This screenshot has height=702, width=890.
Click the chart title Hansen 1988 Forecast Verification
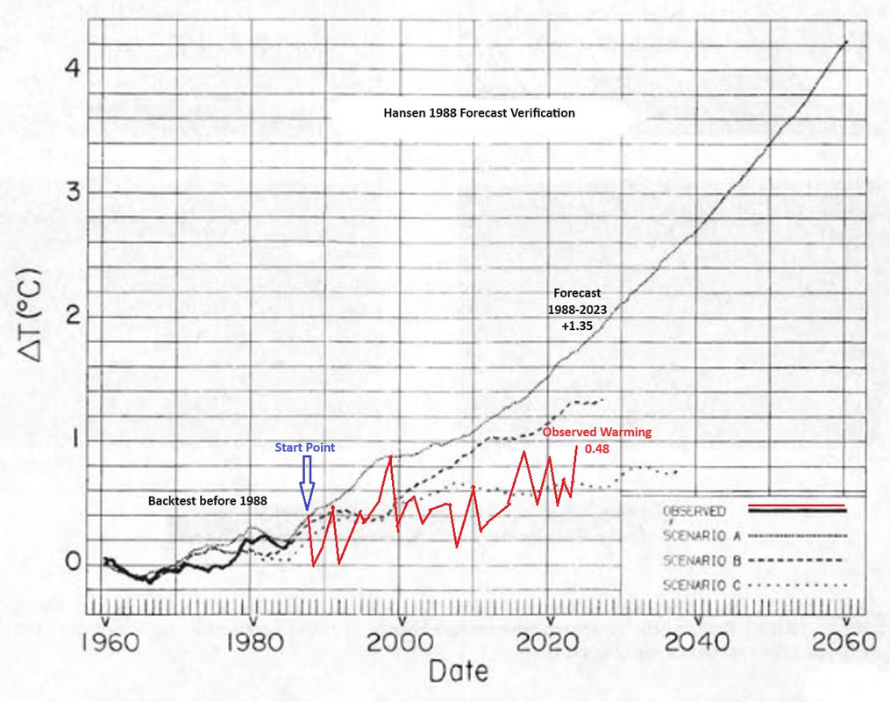point(479,113)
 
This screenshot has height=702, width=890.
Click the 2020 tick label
point(548,641)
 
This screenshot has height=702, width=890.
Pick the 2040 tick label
point(695,641)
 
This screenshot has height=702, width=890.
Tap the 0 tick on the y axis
point(74,563)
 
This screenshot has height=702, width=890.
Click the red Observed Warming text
point(596,433)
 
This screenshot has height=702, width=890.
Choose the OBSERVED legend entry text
point(693,510)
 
